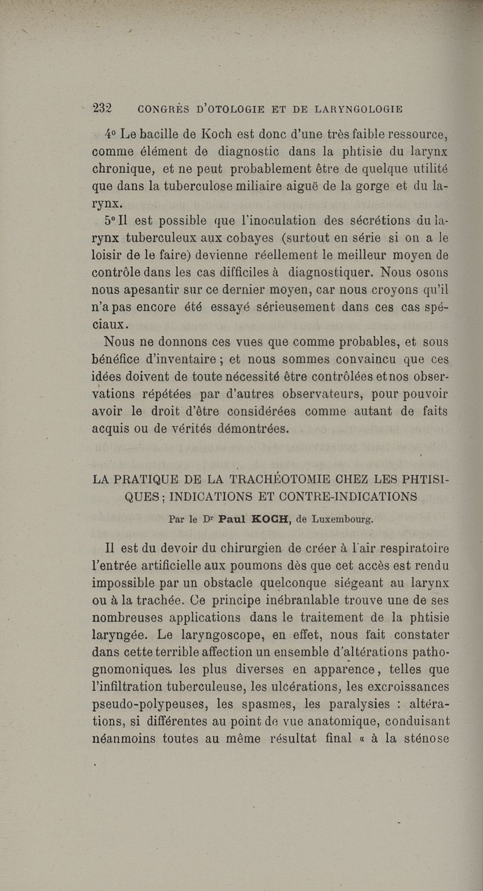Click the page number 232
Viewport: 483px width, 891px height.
[x=105, y=109]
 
